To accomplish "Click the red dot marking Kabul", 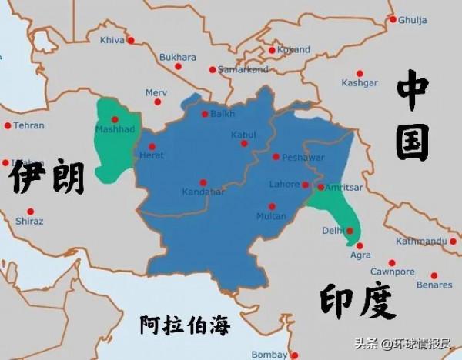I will click(x=244, y=143).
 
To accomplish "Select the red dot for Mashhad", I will click(x=115, y=119).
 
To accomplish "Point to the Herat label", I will click(x=152, y=155).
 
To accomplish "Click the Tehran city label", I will click(x=28, y=125).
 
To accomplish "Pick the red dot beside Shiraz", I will click(x=31, y=211).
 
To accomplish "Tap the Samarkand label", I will click(x=244, y=69).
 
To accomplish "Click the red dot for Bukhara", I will click(x=178, y=67).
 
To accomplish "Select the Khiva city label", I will click(x=112, y=39).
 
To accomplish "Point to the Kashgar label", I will click(x=360, y=82).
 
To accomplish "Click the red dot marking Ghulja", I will click(x=393, y=19).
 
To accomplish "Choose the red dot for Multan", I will click(x=271, y=206).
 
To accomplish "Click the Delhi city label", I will click(x=331, y=230).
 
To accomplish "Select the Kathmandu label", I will click(x=421, y=241).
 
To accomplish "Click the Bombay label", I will click(x=269, y=355).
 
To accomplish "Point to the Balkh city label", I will click(x=223, y=114).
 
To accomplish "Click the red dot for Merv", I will click(x=158, y=101).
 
